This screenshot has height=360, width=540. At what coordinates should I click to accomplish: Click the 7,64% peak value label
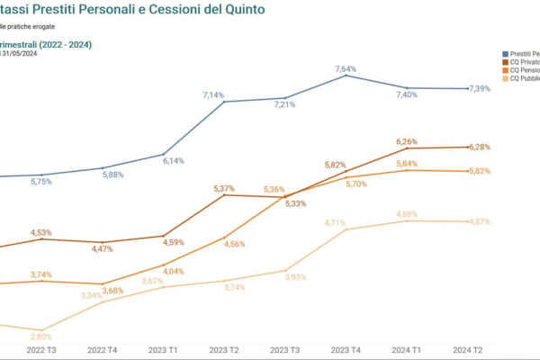click(x=346, y=68)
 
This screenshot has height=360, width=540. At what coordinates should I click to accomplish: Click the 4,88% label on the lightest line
click(x=407, y=214)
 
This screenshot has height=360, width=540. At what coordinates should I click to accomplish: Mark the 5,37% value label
click(x=224, y=188)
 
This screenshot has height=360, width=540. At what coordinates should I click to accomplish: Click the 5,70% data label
click(x=356, y=184)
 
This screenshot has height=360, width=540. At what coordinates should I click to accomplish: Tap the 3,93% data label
click(x=296, y=277)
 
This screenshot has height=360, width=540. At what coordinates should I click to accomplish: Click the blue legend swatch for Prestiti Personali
click(x=505, y=55)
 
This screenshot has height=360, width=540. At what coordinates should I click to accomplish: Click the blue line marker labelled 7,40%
click(x=407, y=88)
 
